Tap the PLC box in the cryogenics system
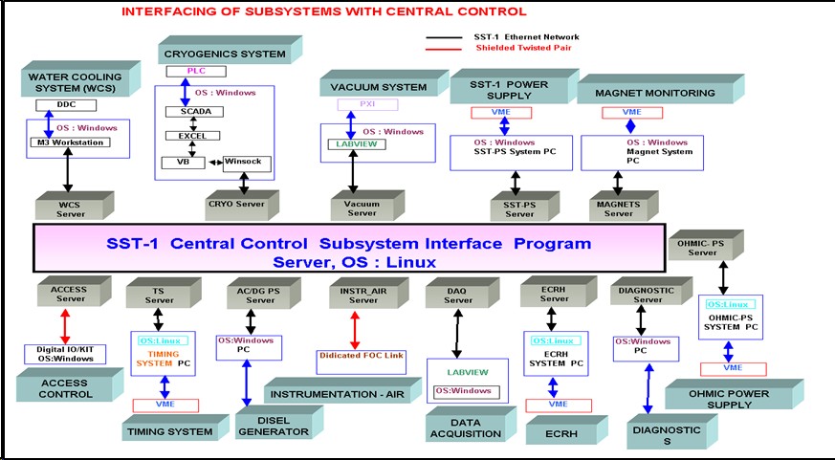coord(193,71)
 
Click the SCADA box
coord(194,111)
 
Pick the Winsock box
coord(247,162)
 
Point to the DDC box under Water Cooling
coord(60,105)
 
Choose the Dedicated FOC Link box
coord(356,356)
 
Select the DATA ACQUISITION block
coord(464,427)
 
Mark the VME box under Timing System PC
coord(165,405)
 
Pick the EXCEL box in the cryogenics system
coord(194,137)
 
